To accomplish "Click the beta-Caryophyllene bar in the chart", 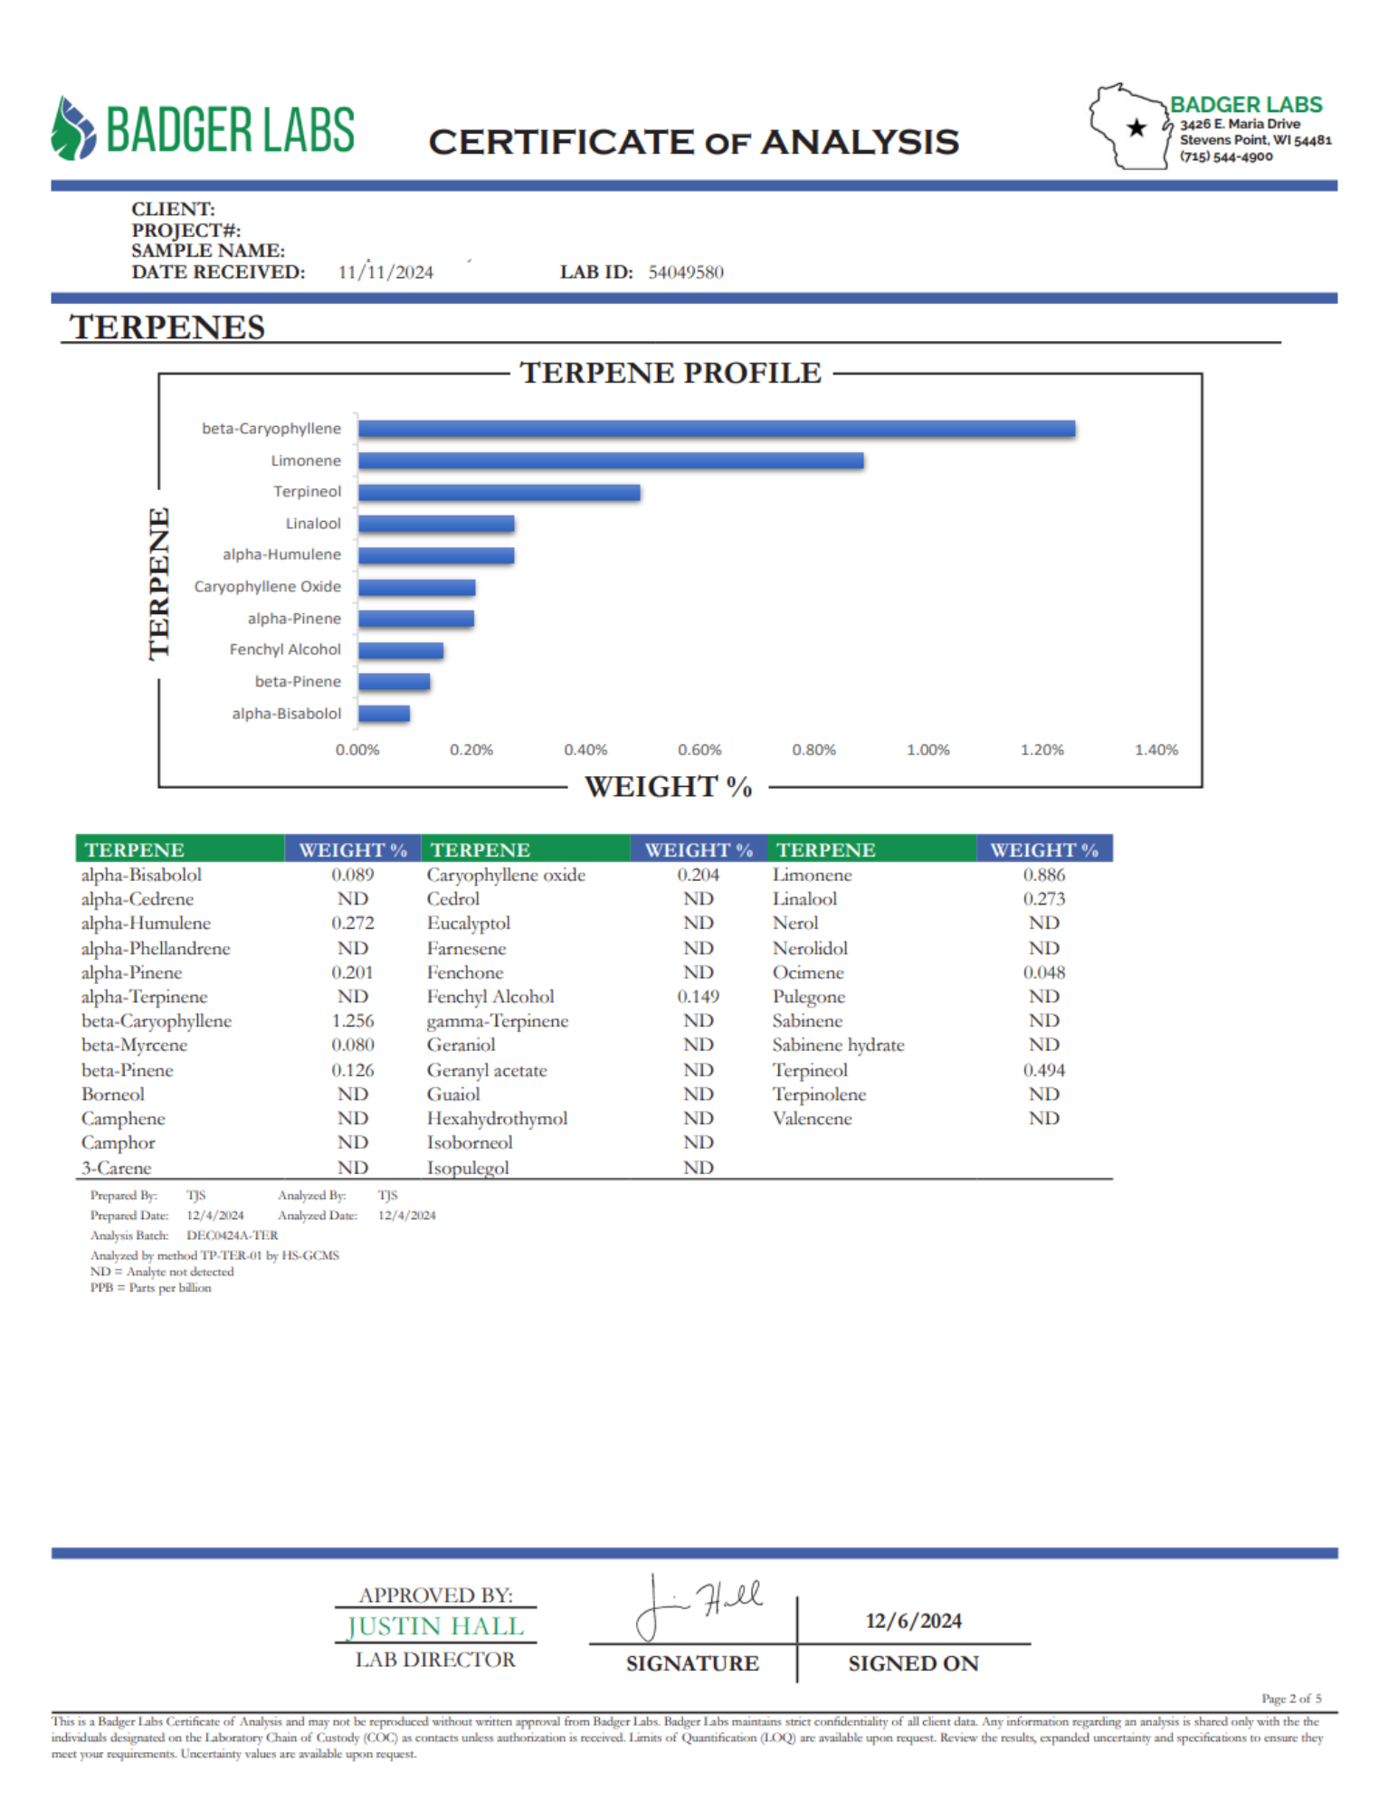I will pyautogui.click(x=716, y=429).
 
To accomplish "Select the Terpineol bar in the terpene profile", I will pyautogui.click(x=499, y=493).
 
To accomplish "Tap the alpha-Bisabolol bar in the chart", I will pyautogui.click(x=384, y=714).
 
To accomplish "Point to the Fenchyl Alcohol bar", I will pyautogui.click(x=400, y=650).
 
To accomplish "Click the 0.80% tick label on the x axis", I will pyautogui.click(x=813, y=750).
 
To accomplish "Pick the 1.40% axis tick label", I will pyautogui.click(x=1155, y=750).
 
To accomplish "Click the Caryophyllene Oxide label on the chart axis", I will pyautogui.click(x=267, y=587).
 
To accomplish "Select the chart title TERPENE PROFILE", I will pyautogui.click(x=670, y=373).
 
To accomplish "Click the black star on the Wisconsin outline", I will pyautogui.click(x=1136, y=128).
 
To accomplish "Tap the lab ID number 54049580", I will pyautogui.click(x=686, y=272).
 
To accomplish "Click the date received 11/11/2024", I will pyautogui.click(x=385, y=272).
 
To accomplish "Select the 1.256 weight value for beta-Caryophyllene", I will pyautogui.click(x=352, y=1021).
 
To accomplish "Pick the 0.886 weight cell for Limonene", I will pyautogui.click(x=1043, y=875).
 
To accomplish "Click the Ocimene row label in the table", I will pyautogui.click(x=808, y=972).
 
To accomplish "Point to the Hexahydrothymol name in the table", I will pyautogui.click(x=497, y=1119).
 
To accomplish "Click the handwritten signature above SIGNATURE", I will pyautogui.click(x=699, y=1606).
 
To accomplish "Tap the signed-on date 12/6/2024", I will pyautogui.click(x=913, y=1621).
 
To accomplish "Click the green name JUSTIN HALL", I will pyautogui.click(x=435, y=1626).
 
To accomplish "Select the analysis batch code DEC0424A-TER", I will pyautogui.click(x=233, y=1236).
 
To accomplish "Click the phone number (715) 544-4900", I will pyautogui.click(x=1225, y=156).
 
